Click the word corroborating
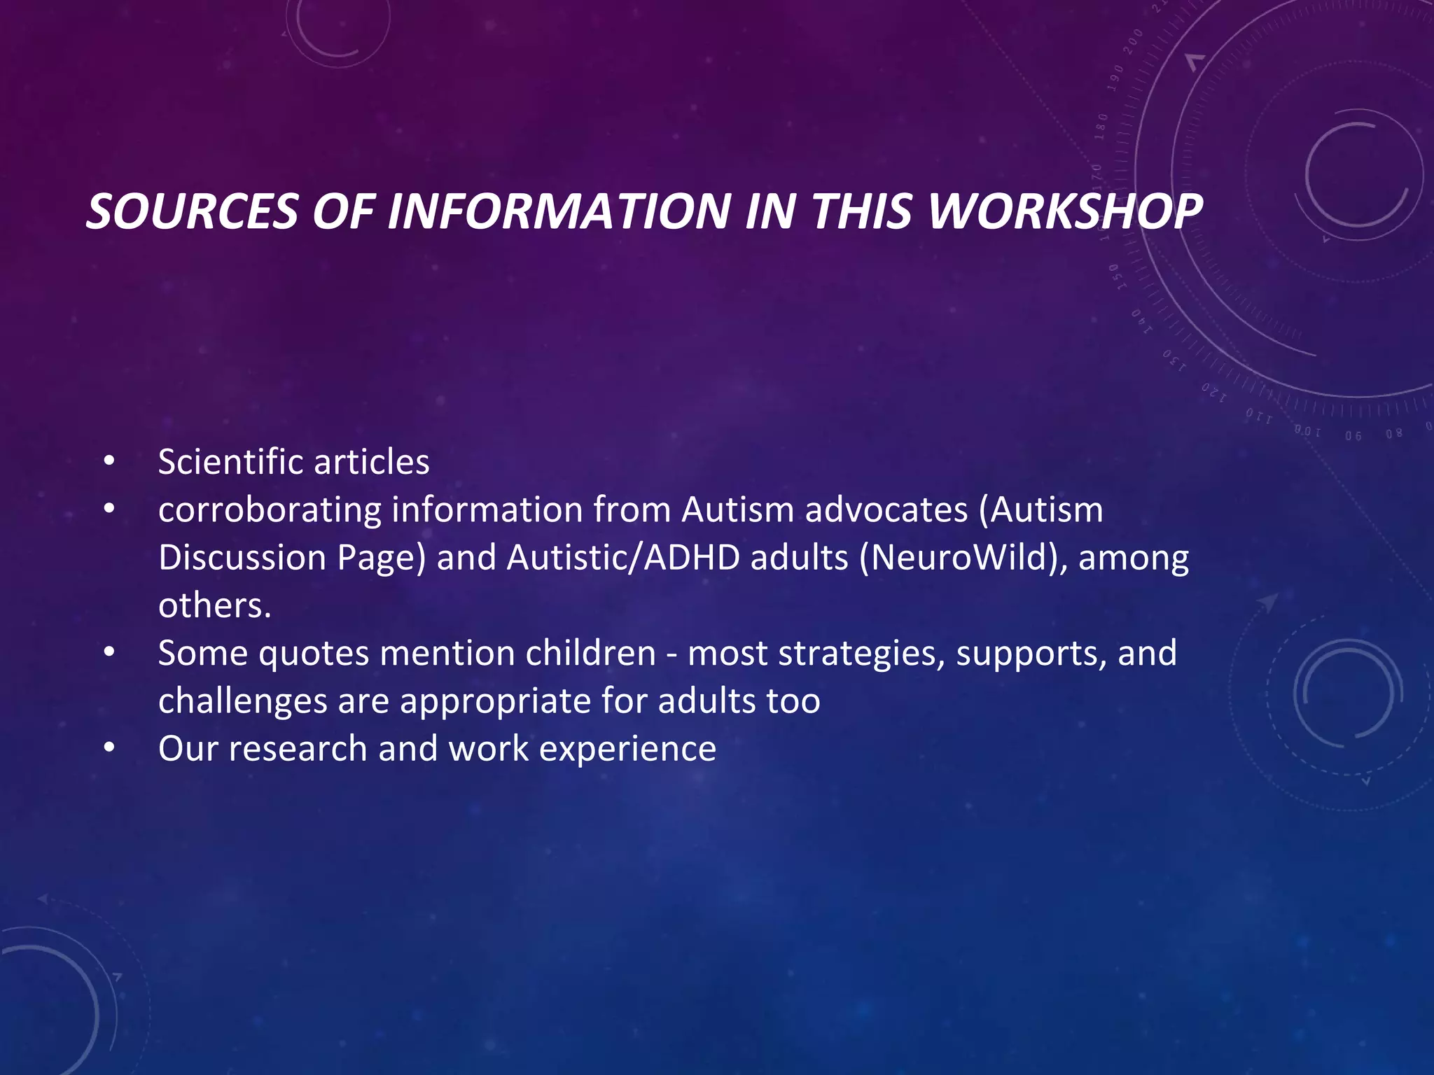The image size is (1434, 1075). coord(269,510)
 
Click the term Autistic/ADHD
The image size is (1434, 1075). coord(623,558)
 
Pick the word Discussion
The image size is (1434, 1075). coord(242,558)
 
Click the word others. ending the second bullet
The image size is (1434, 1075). coord(214,605)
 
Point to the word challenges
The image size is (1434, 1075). coord(242,701)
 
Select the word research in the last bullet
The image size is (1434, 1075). coord(298,749)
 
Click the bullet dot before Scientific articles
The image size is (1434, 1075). coord(109,462)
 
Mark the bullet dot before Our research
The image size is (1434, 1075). coord(109,749)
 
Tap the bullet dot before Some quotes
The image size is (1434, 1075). coord(109,654)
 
